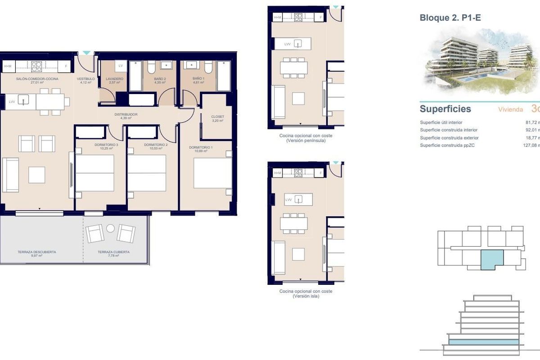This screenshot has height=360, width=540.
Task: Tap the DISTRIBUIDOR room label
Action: pyautogui.click(x=126, y=114)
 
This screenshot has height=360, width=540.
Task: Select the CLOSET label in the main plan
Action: pyautogui.click(x=217, y=117)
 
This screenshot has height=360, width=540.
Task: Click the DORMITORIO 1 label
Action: pyautogui.click(x=198, y=148)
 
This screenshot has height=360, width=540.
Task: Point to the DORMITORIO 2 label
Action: pyautogui.click(x=153, y=145)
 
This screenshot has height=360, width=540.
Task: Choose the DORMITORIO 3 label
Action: pyautogui.click(x=100, y=145)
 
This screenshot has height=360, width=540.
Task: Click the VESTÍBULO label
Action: pyautogui.click(x=85, y=78)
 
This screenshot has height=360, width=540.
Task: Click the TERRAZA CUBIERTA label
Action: pyautogui.click(x=113, y=252)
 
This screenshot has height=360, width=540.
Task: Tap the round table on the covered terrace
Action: pyautogui.click(x=110, y=229)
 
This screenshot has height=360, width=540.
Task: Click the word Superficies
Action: pyautogui.click(x=439, y=109)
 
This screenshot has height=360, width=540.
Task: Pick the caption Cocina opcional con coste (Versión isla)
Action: pyautogui.click(x=306, y=293)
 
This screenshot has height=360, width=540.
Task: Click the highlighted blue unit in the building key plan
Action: pyautogui.click(x=491, y=260)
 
